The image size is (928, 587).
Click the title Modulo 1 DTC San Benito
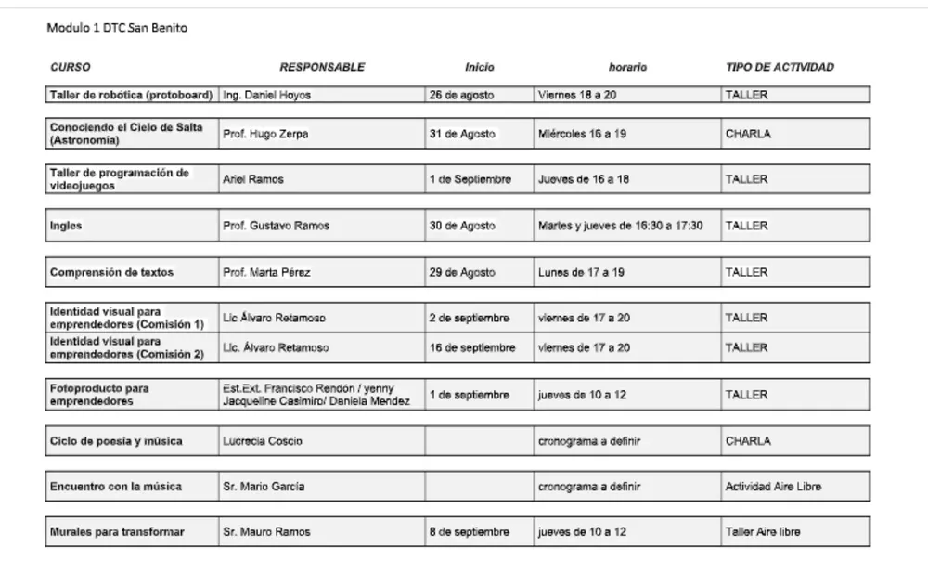[117, 29]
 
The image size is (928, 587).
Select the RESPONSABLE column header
[322, 67]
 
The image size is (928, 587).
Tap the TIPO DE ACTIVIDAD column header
[780, 67]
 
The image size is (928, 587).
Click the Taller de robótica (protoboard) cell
[132, 95]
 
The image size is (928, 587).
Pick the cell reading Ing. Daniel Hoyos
[267, 95]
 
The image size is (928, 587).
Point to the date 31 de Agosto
[462, 134]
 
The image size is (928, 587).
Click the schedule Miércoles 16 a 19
[582, 134]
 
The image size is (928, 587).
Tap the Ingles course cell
[66, 226]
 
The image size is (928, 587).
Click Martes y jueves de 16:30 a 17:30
[620, 226]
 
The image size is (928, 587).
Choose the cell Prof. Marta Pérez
[266, 273]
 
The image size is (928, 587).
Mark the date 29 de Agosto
[462, 273]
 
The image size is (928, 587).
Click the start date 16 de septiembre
[472, 347]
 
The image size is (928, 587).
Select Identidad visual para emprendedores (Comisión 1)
[126, 318]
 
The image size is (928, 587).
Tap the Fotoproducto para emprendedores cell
[99, 395]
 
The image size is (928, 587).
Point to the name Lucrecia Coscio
[263, 441]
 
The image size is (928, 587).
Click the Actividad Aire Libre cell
[773, 487]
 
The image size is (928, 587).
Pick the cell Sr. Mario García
[264, 487]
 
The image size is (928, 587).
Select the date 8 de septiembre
[470, 532]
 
